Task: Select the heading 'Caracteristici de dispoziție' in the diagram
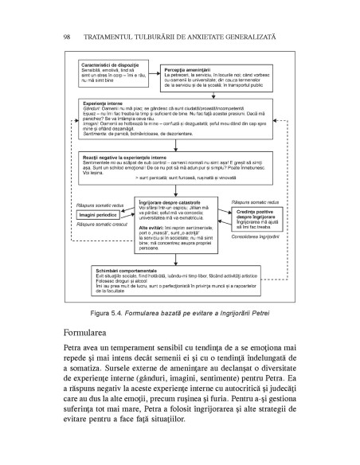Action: tap(111, 62)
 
